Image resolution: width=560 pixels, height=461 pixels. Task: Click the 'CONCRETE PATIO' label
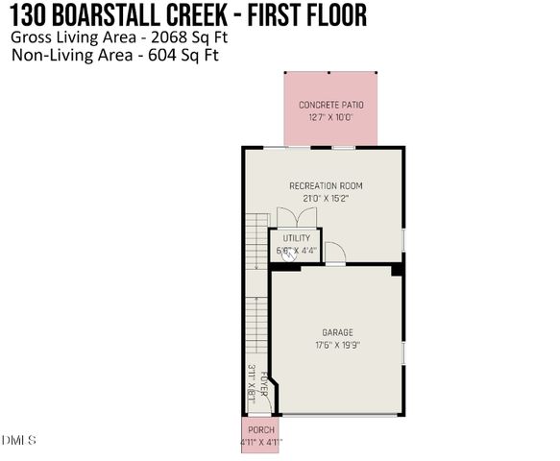(x=330, y=105)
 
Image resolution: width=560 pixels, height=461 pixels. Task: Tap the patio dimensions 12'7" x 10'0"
(x=330, y=117)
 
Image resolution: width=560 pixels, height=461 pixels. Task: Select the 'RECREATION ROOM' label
(x=326, y=185)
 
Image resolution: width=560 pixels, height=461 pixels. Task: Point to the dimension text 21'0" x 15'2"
(x=326, y=198)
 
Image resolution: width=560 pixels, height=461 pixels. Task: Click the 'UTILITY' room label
(x=296, y=238)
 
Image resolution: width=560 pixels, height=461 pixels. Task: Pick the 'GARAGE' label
(x=338, y=332)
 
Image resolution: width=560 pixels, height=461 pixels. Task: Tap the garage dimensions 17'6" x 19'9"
(x=338, y=345)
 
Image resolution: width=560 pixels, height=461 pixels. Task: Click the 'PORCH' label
(x=261, y=429)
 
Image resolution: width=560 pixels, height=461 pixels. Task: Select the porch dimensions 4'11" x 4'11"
(x=261, y=443)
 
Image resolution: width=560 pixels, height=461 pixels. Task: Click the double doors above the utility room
(x=292, y=218)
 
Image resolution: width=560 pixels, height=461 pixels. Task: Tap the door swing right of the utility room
(x=334, y=252)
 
